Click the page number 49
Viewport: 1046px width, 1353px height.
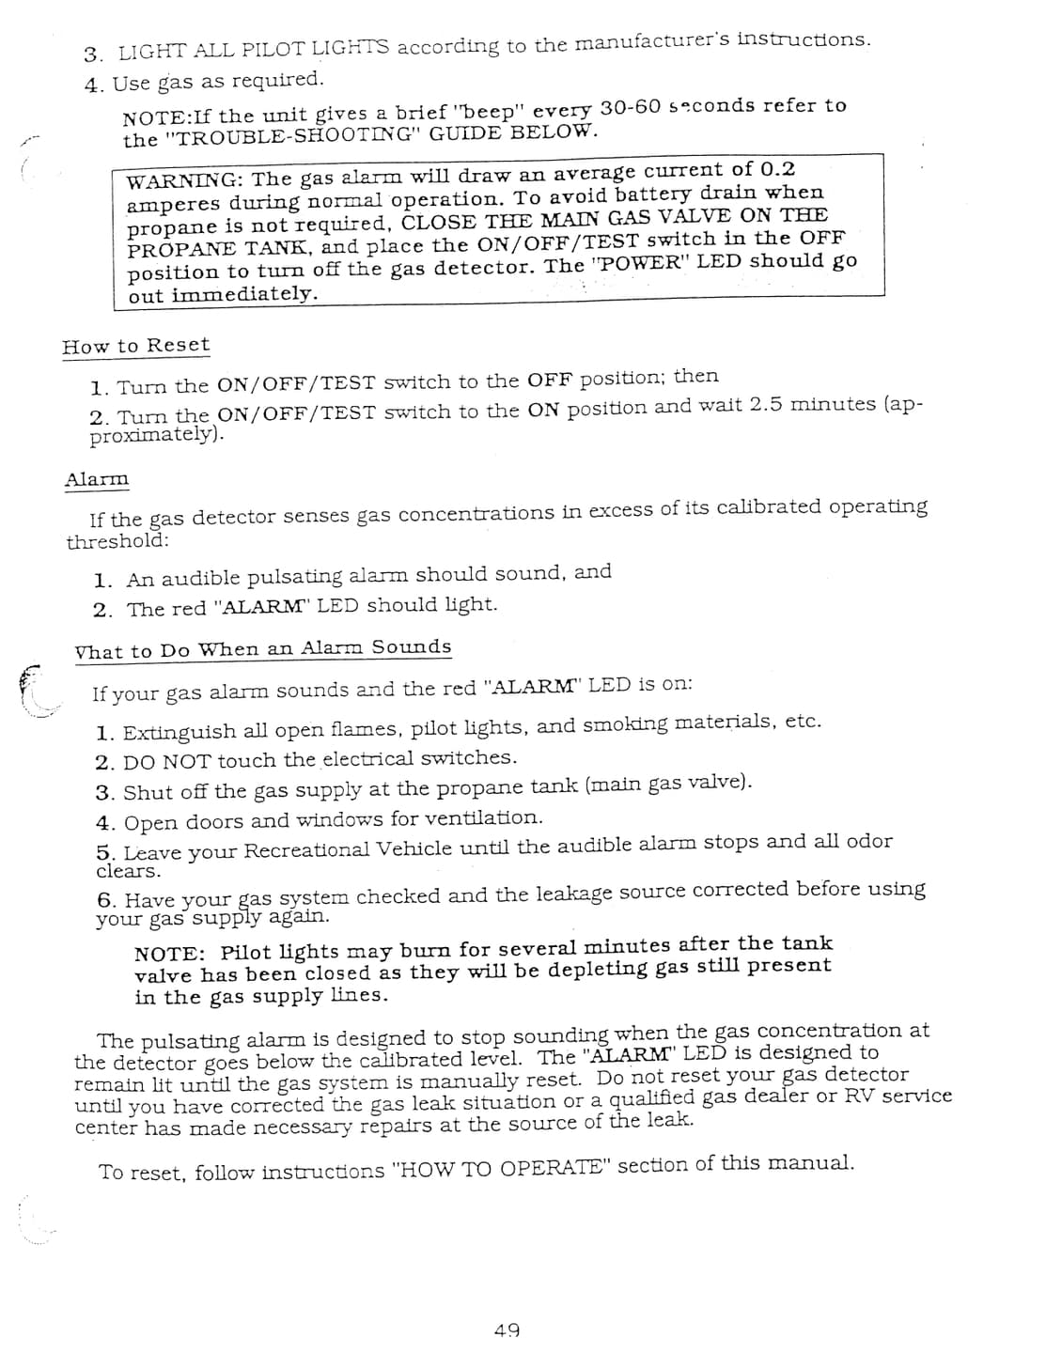[507, 1330]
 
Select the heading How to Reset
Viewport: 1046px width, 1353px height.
[136, 346]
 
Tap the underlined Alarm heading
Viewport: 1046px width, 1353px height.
[97, 480]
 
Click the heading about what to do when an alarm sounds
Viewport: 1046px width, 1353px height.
[263, 649]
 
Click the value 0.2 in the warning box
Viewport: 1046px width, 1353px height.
[776, 170]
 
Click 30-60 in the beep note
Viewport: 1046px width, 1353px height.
[631, 107]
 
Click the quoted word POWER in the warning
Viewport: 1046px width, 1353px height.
[641, 264]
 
